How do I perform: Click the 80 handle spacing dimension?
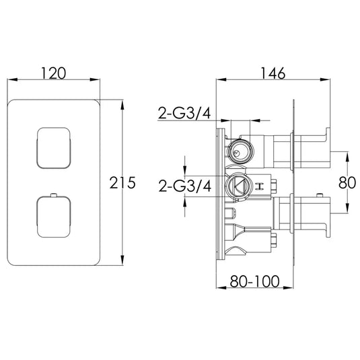coord(347,182)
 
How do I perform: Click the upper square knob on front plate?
coord(51,147)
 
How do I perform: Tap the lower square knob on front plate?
coord(51,215)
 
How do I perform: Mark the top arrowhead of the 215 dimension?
coord(122,102)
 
